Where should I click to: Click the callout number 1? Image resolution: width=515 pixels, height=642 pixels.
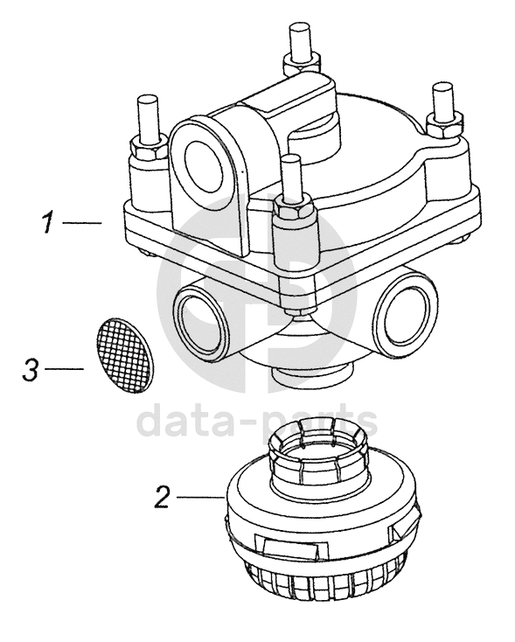pyautogui.click(x=48, y=223)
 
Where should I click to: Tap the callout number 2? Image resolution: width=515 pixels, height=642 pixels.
pyautogui.click(x=162, y=497)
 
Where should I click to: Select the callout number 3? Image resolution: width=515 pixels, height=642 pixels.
pyautogui.click(x=30, y=370)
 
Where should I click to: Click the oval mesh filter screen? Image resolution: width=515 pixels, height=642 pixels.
pyautogui.click(x=123, y=355)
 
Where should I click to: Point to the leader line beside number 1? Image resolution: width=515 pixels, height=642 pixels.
pyautogui.click(x=82, y=223)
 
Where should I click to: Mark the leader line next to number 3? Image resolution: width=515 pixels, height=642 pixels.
pyautogui.click(x=64, y=369)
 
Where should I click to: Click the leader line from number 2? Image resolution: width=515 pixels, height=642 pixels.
pyautogui.click(x=199, y=497)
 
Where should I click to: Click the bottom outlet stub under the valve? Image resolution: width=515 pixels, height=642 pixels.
pyautogui.click(x=311, y=374)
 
